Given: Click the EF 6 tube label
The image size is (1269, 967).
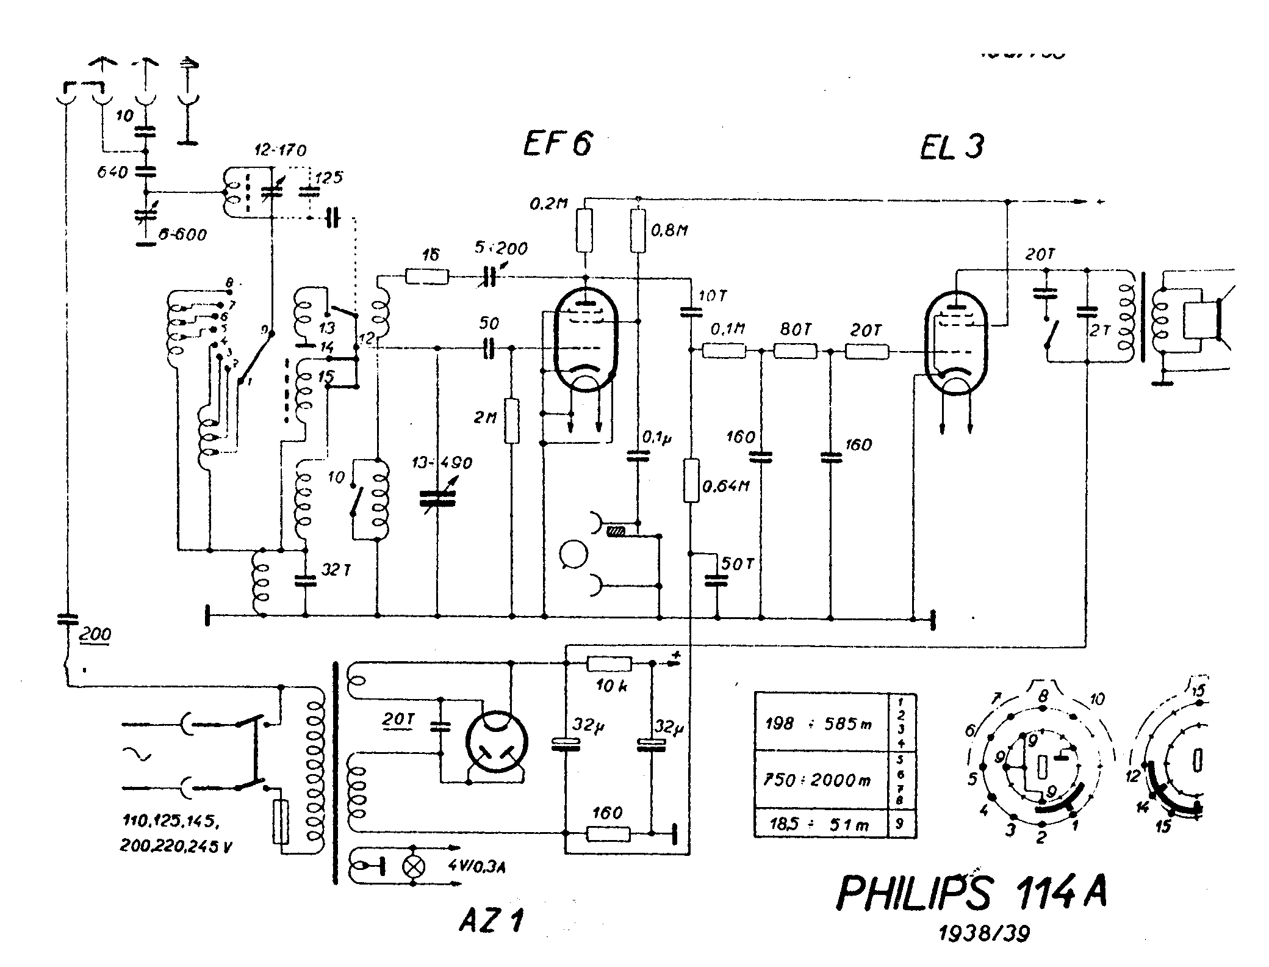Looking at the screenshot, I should tap(558, 145).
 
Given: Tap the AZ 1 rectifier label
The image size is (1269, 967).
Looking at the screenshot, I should tap(491, 921).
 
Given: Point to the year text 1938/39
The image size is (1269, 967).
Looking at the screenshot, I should tap(983, 933).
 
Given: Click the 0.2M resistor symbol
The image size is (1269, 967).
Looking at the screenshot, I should tap(584, 231).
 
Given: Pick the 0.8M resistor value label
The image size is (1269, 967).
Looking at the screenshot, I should tap(670, 230).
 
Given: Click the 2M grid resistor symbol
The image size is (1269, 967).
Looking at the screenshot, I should tap(512, 421).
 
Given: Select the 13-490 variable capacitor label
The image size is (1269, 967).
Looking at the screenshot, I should tap(442, 463).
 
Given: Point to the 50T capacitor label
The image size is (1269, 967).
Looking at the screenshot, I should tap(738, 564).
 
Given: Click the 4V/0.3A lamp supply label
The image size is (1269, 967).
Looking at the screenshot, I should tap(478, 866).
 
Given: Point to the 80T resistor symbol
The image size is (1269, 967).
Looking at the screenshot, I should tap(795, 351).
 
